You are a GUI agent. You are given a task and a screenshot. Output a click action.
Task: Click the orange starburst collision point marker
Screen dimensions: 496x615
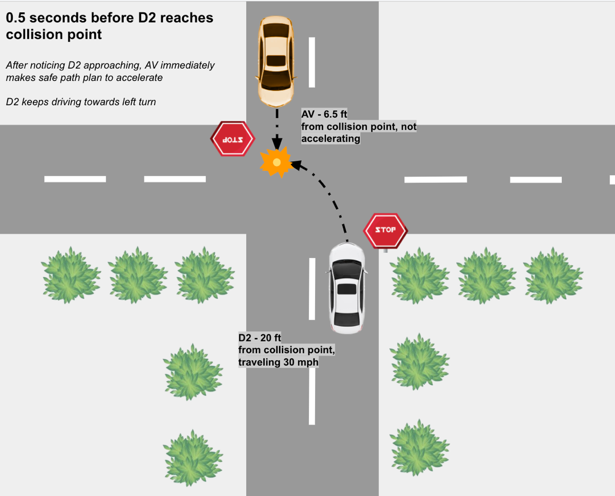click(x=276, y=162)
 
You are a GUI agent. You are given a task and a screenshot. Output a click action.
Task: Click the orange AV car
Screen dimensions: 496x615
click(x=276, y=61)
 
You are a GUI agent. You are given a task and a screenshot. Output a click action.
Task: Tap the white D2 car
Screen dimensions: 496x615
click(x=347, y=288)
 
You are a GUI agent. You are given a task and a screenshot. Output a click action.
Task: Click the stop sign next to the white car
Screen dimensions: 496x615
click(x=385, y=230)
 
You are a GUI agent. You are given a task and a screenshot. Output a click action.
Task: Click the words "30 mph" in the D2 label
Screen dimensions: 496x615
click(x=300, y=362)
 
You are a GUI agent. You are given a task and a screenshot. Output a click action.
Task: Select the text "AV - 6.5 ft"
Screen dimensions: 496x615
click(x=324, y=114)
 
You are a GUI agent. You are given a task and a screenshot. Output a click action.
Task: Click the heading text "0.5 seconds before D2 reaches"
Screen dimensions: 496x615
click(x=109, y=18)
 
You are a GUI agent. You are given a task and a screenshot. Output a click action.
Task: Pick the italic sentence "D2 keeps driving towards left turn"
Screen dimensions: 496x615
click(x=81, y=101)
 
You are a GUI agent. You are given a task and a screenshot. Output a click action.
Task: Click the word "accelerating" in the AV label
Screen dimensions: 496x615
click(x=331, y=138)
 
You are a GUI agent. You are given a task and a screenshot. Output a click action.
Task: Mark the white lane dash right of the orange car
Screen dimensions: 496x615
click(x=312, y=62)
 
